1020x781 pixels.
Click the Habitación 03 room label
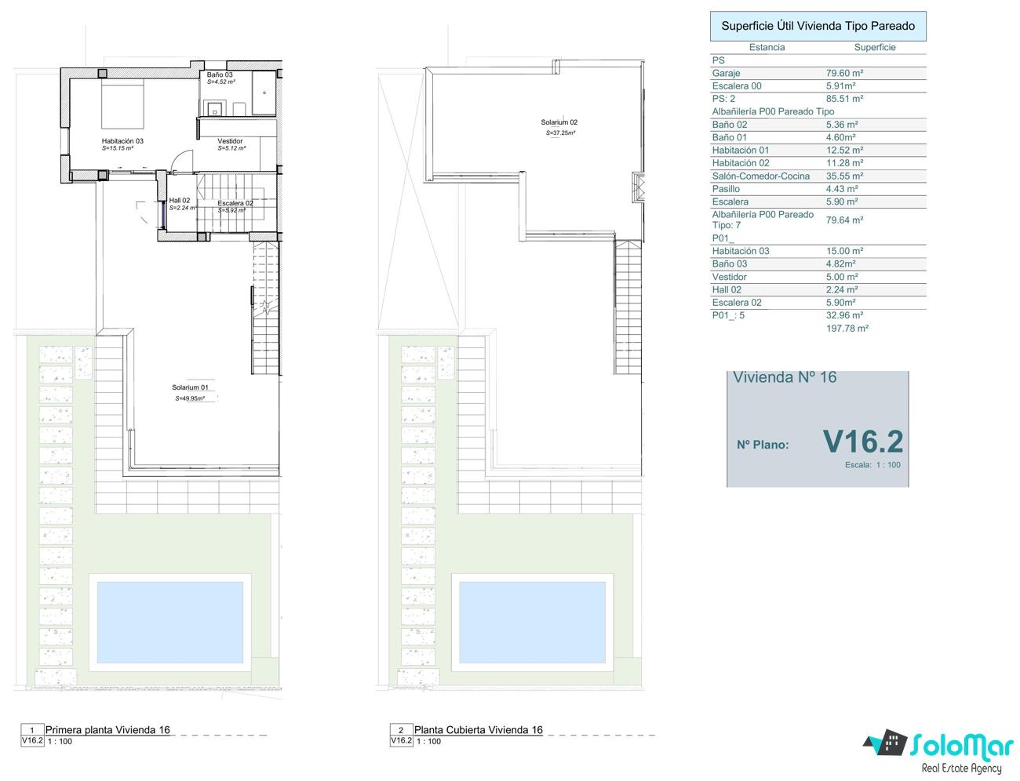[122, 140]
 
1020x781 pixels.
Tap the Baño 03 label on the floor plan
[220, 74]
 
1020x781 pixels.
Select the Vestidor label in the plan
[230, 140]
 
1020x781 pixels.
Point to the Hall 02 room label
[180, 200]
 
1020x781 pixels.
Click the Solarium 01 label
[190, 387]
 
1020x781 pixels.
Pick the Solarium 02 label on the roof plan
[559, 122]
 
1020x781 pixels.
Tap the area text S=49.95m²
[190, 398]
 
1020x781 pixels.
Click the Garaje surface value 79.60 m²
[844, 73]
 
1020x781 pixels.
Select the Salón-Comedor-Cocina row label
[760, 176]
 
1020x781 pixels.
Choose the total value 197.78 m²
[847, 329]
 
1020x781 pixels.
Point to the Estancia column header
[767, 47]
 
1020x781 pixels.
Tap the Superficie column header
[875, 47]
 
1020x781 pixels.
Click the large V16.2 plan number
[863, 441]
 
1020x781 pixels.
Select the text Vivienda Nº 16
[785, 377]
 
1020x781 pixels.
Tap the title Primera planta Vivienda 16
[107, 730]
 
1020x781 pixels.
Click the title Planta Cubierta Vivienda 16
[478, 730]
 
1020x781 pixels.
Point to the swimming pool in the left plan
[170, 623]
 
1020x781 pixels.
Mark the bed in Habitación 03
[122, 104]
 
